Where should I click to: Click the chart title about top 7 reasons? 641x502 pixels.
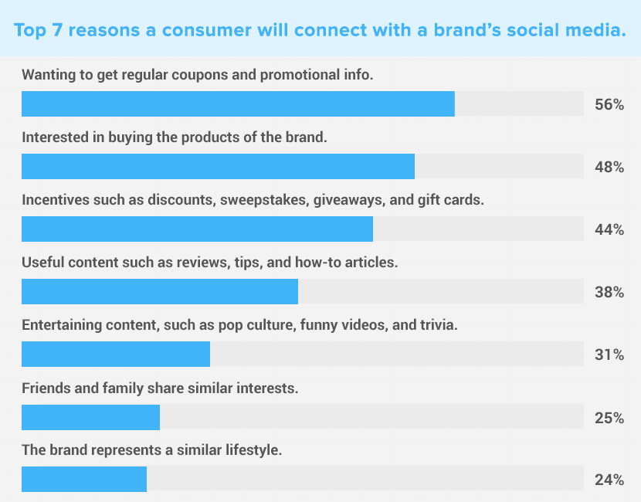(x=320, y=30)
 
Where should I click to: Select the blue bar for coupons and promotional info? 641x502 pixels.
(x=238, y=103)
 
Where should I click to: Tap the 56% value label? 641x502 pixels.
(x=609, y=105)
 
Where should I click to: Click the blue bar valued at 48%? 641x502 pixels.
(x=218, y=166)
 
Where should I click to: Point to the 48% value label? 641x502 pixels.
(x=609, y=167)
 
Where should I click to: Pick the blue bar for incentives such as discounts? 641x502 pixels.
(x=197, y=229)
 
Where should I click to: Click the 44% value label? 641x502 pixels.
(x=609, y=229)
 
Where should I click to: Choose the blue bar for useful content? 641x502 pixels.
(x=160, y=291)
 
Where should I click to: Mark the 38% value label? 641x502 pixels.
(x=609, y=292)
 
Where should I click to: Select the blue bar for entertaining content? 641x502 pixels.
(x=116, y=354)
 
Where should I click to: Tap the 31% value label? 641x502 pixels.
(x=609, y=354)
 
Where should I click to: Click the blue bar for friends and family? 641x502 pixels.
(x=91, y=417)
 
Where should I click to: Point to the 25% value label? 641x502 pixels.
(x=609, y=418)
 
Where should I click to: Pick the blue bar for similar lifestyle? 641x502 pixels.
(x=84, y=479)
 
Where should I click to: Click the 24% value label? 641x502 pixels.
(x=609, y=480)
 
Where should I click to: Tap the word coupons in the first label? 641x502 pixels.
(x=199, y=76)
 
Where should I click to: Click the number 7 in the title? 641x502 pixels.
(x=56, y=30)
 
